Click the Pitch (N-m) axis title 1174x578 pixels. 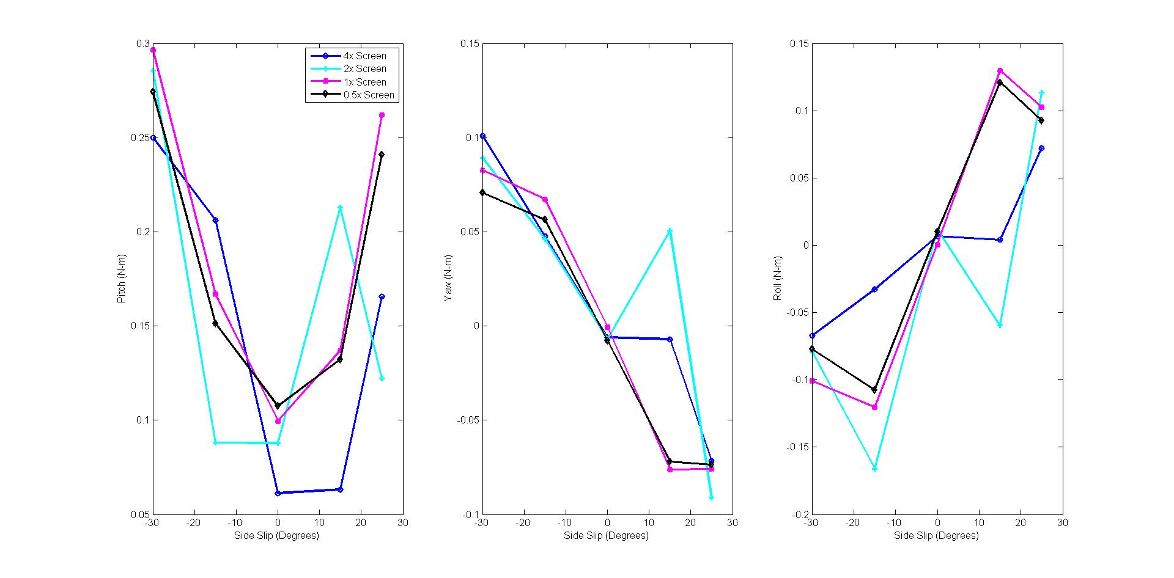coord(121,279)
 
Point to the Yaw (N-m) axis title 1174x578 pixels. coord(448,279)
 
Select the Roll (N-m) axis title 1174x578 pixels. coord(778,279)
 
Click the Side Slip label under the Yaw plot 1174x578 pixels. coord(606,536)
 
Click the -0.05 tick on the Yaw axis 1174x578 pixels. coord(468,420)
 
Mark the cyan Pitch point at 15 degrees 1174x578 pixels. coord(340,208)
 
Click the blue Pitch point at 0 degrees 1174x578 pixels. coord(278,493)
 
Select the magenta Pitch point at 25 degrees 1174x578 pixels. coord(382,115)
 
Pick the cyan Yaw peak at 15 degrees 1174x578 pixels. coord(670,231)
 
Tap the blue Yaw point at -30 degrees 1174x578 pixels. coord(483,136)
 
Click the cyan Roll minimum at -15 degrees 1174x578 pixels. coord(874,469)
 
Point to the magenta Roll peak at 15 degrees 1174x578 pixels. coord(1000,70)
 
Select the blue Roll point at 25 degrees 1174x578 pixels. coord(1041,148)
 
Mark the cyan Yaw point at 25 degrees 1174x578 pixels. coord(711,498)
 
